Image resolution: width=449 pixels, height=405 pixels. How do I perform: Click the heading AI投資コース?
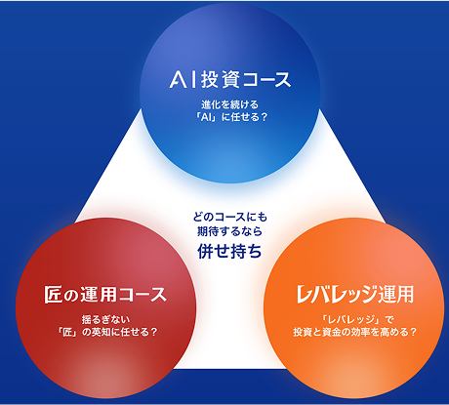point(230,80)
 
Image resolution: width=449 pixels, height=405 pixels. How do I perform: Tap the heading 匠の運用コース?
point(105,295)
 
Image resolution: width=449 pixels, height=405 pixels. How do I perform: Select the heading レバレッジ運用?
point(355,294)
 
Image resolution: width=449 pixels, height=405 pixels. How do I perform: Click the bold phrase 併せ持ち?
point(229,251)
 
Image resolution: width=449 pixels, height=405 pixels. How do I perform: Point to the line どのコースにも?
point(229,217)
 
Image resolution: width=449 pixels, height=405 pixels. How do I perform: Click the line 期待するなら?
point(229,231)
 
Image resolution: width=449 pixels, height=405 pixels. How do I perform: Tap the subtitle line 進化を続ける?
point(229,104)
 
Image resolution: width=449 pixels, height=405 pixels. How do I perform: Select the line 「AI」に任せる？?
point(230,117)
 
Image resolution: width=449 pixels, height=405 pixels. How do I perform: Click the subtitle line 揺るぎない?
point(105,320)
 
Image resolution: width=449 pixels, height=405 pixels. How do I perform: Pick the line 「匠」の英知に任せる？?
point(106,333)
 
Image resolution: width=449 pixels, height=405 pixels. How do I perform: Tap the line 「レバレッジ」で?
point(355,320)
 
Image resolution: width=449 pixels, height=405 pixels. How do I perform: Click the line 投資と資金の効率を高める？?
point(355,332)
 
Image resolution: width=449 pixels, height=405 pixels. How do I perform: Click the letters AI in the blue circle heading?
point(183,80)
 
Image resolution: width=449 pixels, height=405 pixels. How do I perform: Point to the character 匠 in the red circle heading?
point(53,295)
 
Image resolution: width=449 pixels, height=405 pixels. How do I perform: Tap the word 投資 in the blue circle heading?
point(220,80)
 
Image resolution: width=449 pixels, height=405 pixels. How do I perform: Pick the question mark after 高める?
point(413,332)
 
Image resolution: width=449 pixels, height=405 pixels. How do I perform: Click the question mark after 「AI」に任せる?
point(264,117)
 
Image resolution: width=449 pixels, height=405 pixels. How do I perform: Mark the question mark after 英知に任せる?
point(154,333)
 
